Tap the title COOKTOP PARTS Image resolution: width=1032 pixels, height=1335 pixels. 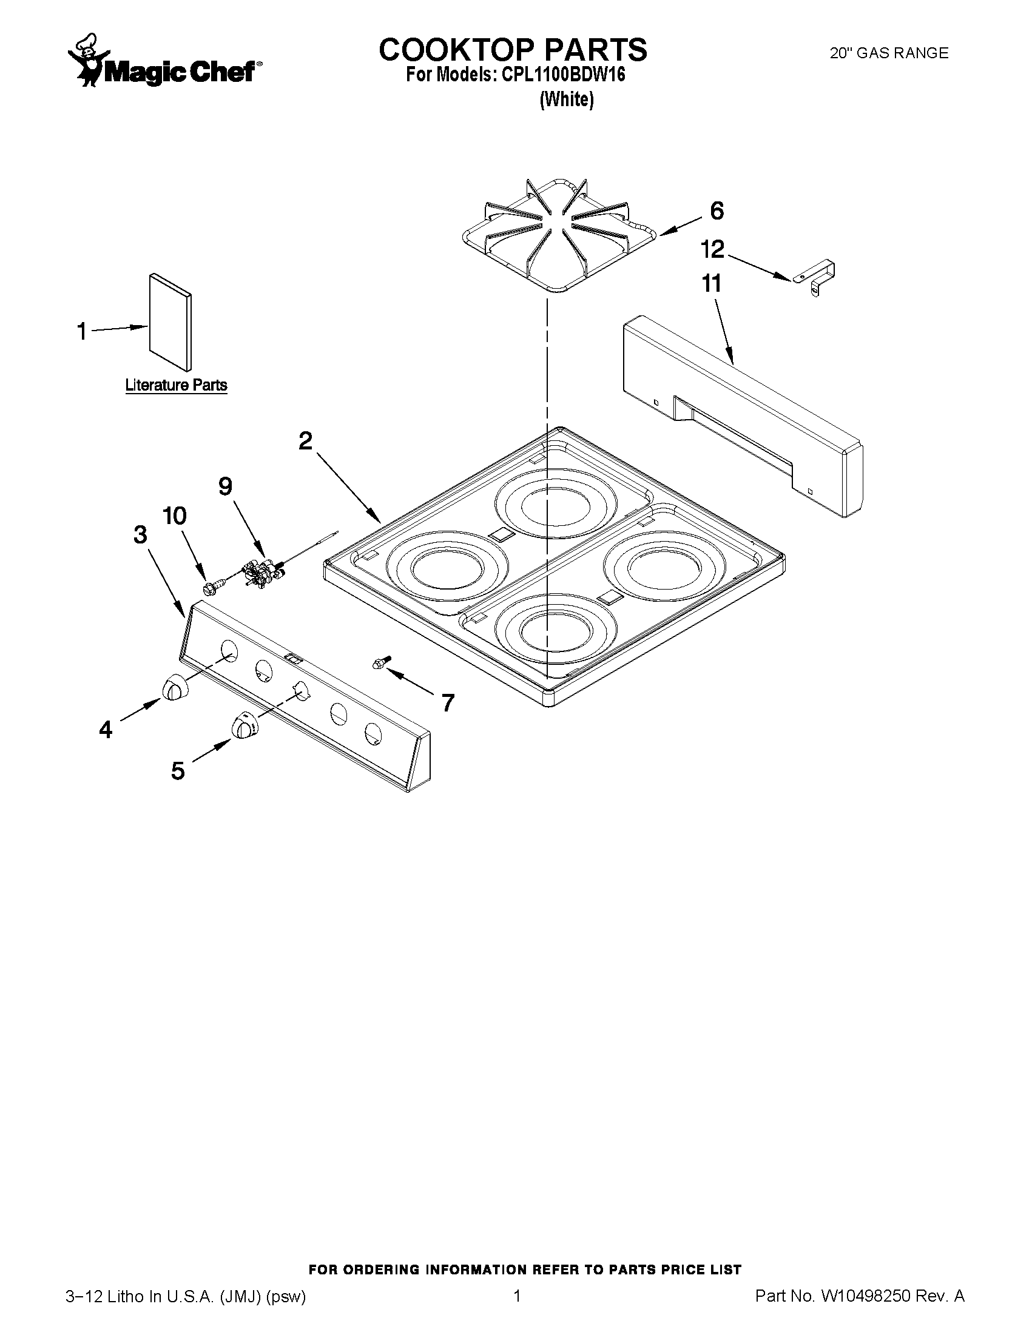512,50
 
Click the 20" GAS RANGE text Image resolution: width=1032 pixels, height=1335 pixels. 888,53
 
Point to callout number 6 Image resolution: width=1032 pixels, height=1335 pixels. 717,210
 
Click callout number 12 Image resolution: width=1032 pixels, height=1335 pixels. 712,249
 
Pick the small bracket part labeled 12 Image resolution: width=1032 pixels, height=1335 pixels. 815,277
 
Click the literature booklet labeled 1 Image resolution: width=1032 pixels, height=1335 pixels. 170,321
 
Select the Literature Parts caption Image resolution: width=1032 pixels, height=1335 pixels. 176,385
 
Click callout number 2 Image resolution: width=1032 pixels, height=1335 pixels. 305,440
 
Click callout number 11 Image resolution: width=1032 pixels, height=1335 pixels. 712,284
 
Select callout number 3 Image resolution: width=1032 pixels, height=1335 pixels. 141,535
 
